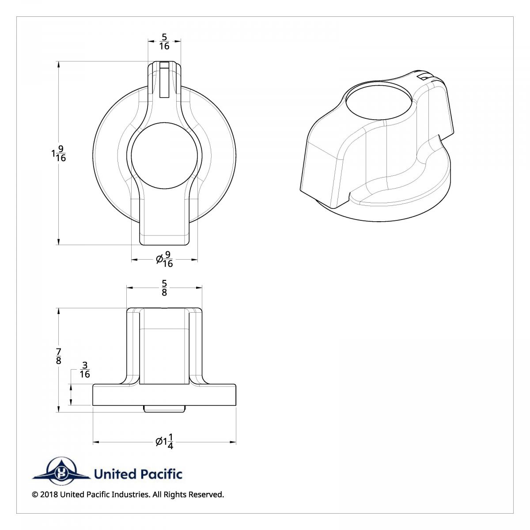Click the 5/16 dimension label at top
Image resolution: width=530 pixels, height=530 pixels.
point(164,42)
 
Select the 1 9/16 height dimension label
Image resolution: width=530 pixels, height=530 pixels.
point(59,153)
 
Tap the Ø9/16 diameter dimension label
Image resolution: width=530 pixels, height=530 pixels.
point(165,260)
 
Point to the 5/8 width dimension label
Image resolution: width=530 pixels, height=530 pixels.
point(164,288)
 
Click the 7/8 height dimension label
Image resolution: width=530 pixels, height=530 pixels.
point(59,356)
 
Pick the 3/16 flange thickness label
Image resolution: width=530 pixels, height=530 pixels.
point(85,370)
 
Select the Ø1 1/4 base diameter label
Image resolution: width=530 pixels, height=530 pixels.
point(165,441)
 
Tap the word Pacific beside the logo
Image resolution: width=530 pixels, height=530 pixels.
point(161,474)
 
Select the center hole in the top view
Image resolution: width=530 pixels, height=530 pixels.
point(164,157)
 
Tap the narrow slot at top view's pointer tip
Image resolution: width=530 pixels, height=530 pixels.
point(164,80)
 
